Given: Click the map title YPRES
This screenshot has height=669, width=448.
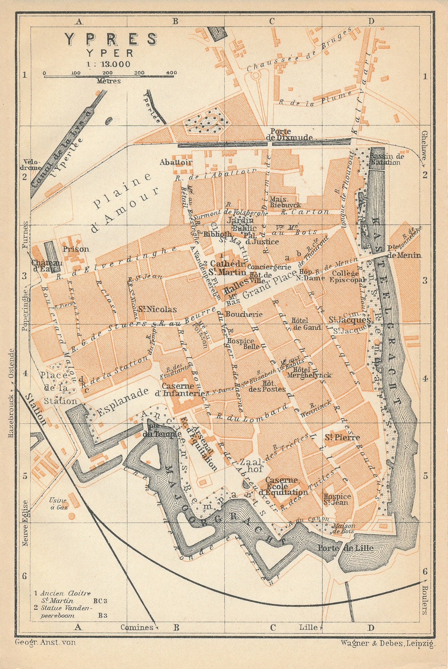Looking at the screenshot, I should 111,39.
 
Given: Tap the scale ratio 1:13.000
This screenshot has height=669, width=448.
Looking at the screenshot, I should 108,64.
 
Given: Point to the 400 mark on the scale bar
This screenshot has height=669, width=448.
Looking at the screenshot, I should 171,73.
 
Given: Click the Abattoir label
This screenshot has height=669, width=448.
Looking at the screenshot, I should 176,162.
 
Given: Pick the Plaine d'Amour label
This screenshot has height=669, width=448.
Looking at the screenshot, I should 124,202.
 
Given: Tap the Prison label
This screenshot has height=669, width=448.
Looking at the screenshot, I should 76,249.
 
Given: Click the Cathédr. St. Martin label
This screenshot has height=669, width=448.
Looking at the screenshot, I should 228,268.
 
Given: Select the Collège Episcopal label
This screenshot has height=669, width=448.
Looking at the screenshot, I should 348,276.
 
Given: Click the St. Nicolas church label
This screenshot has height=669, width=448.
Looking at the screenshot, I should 158,309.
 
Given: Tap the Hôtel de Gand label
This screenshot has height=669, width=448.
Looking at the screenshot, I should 306,324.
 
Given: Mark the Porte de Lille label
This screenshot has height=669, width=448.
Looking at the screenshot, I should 346,548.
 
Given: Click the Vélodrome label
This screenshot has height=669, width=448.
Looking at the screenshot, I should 32,165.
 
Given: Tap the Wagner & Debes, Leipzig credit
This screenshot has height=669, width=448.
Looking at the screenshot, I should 388,643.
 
